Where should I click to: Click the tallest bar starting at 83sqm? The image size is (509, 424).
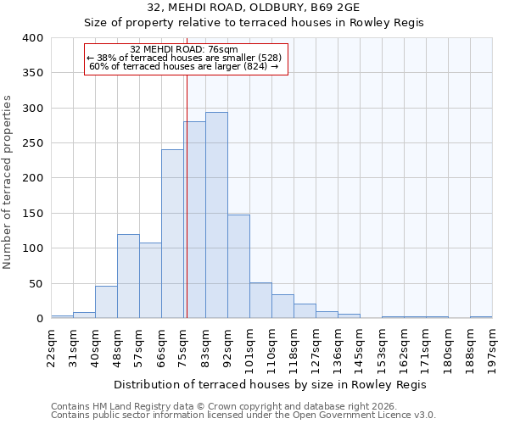pyautogui.click(x=216, y=215)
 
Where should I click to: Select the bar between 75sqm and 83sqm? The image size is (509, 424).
pyautogui.click(x=194, y=220)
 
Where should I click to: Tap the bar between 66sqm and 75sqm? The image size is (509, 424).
pyautogui.click(x=172, y=234)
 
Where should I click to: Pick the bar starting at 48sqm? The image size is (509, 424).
pyautogui.click(x=128, y=276)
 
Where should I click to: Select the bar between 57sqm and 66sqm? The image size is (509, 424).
pyautogui.click(x=150, y=281)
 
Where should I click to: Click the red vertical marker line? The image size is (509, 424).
pyautogui.click(x=186, y=195)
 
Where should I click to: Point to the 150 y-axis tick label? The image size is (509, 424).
pyautogui.click(x=32, y=214)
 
